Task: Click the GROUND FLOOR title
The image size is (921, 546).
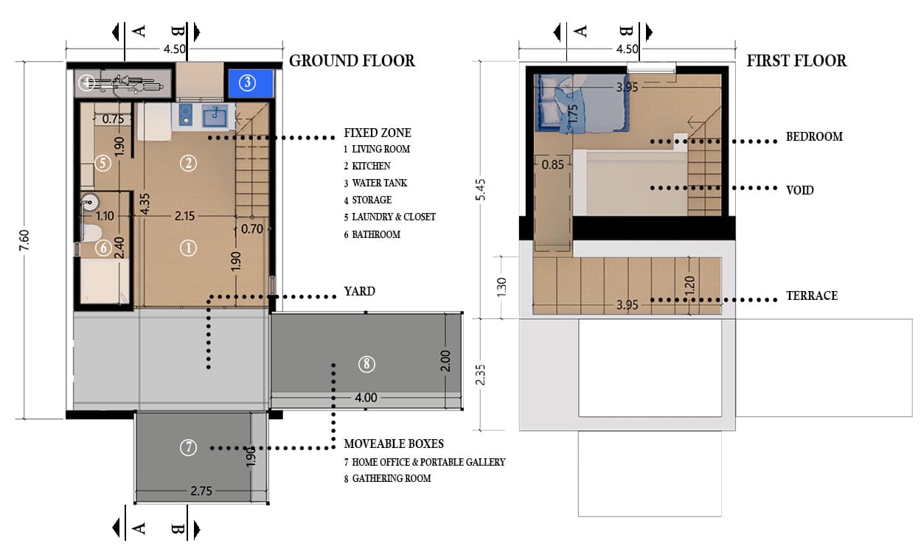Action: click(x=352, y=61)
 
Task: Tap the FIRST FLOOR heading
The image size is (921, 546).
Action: click(x=796, y=61)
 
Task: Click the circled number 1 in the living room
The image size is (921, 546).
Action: click(x=188, y=248)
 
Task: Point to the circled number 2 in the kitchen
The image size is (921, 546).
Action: click(x=188, y=163)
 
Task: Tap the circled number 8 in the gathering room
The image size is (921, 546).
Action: click(x=366, y=364)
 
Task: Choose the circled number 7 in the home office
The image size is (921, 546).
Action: click(x=188, y=447)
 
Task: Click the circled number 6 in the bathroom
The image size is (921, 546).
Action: click(x=103, y=248)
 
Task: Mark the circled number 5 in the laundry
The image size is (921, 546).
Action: click(x=102, y=163)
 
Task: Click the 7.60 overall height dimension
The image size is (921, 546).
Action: click(x=24, y=240)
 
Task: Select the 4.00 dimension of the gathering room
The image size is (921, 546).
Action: click(x=366, y=398)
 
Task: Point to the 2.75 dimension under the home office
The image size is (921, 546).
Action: click(x=201, y=491)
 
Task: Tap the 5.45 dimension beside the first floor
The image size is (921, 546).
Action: click(x=480, y=190)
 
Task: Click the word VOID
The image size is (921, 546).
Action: click(x=800, y=190)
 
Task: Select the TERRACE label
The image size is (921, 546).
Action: click(x=812, y=295)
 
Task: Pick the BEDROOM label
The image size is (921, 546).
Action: click(x=815, y=136)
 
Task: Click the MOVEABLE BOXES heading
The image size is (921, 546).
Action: click(x=394, y=444)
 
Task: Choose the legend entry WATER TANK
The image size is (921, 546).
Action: click(x=380, y=183)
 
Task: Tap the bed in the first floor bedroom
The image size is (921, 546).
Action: click(x=583, y=104)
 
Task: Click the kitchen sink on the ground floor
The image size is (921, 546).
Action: click(x=215, y=116)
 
